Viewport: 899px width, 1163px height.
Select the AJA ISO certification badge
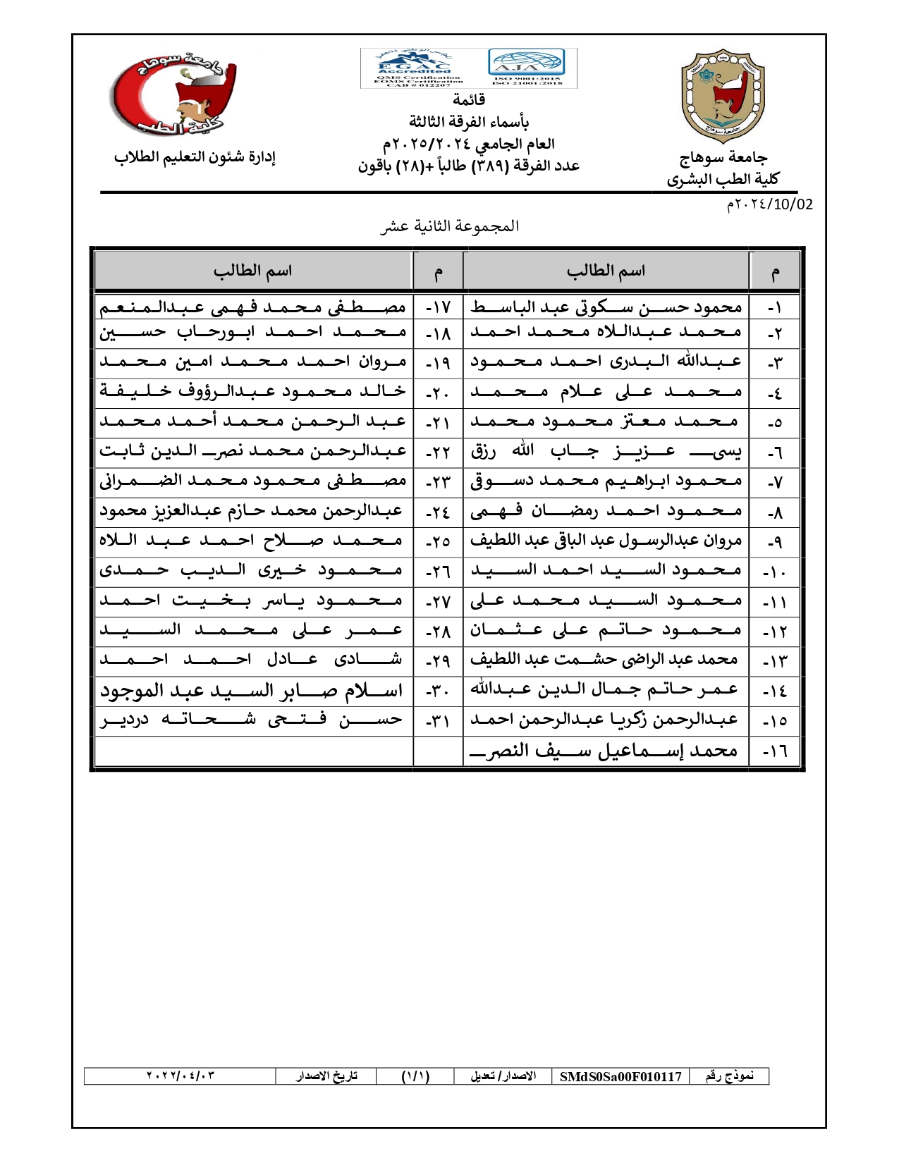pos(527,67)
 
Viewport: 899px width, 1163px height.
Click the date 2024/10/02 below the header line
pos(769,204)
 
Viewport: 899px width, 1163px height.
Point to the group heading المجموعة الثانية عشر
pos(449,226)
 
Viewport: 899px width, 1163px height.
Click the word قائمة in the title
pos(468,99)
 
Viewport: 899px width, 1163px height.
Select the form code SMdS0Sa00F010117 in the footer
pos(620,1076)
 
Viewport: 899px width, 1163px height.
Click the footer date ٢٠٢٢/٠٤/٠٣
pos(181,1076)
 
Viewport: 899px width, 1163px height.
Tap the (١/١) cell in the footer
pos(415,1076)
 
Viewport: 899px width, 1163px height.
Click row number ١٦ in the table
pos(775,752)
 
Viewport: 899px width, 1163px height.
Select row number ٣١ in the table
pos(438,722)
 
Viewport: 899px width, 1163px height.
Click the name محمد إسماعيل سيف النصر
pos(605,751)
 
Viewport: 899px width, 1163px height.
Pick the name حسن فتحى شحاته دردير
pos(251,720)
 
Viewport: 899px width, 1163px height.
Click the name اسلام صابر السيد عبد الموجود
pos(251,691)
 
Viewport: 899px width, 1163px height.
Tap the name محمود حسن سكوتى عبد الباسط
pos(606,307)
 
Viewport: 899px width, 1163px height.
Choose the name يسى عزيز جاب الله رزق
pos(606,451)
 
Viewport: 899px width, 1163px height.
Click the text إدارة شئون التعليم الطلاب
pos(195,156)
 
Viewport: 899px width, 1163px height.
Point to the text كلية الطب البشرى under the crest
pos(723,179)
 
